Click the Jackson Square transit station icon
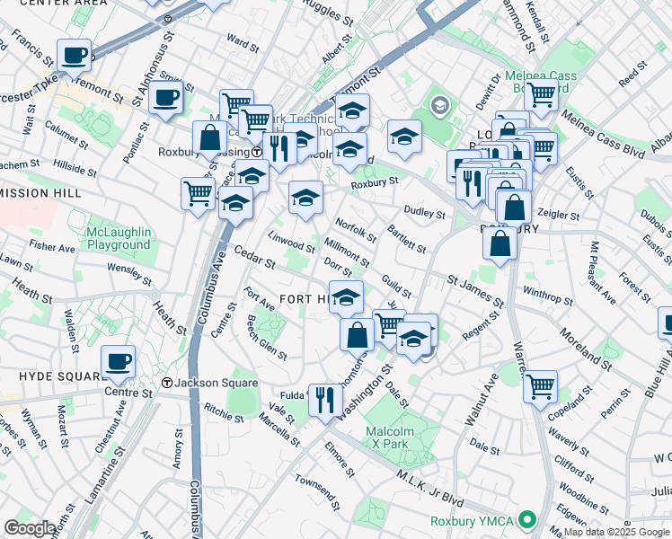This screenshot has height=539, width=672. (x=166, y=384)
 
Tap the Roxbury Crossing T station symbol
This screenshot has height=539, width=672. (x=256, y=152)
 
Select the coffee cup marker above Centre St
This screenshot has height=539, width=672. (x=118, y=363)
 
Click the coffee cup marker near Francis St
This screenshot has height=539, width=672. (x=74, y=56)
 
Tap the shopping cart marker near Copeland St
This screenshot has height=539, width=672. (x=540, y=386)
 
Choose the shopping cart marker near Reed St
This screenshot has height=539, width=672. (x=541, y=93)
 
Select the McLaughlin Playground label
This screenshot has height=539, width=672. (x=118, y=239)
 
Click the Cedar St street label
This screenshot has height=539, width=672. (x=254, y=258)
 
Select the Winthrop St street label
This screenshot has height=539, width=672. (x=547, y=292)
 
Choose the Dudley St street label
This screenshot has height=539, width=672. (x=425, y=214)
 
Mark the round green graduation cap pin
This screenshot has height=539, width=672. (x=439, y=106)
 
